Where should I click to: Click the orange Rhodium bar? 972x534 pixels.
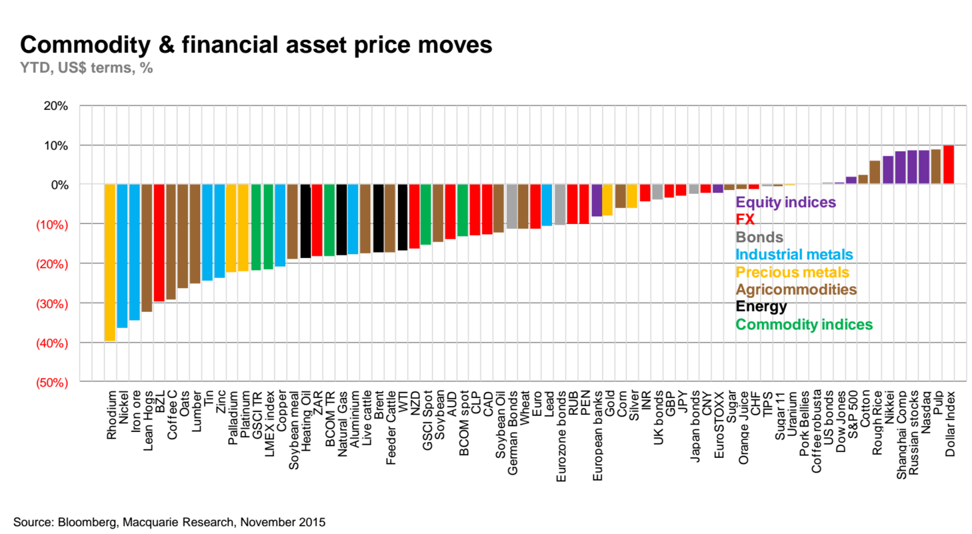(110, 263)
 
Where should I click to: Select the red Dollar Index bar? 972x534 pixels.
(949, 165)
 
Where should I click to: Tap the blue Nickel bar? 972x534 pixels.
(122, 256)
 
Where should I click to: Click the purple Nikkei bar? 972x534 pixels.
(887, 170)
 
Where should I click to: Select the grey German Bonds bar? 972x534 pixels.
(512, 207)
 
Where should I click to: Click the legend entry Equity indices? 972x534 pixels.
(785, 201)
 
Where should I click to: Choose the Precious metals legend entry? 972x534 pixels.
(792, 272)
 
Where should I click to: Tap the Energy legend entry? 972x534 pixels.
(761, 307)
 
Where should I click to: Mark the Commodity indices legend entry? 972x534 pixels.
(803, 325)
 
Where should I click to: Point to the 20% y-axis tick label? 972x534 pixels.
(56, 105)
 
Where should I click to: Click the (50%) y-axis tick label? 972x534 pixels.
(53, 382)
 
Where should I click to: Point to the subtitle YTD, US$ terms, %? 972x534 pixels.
(87, 68)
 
